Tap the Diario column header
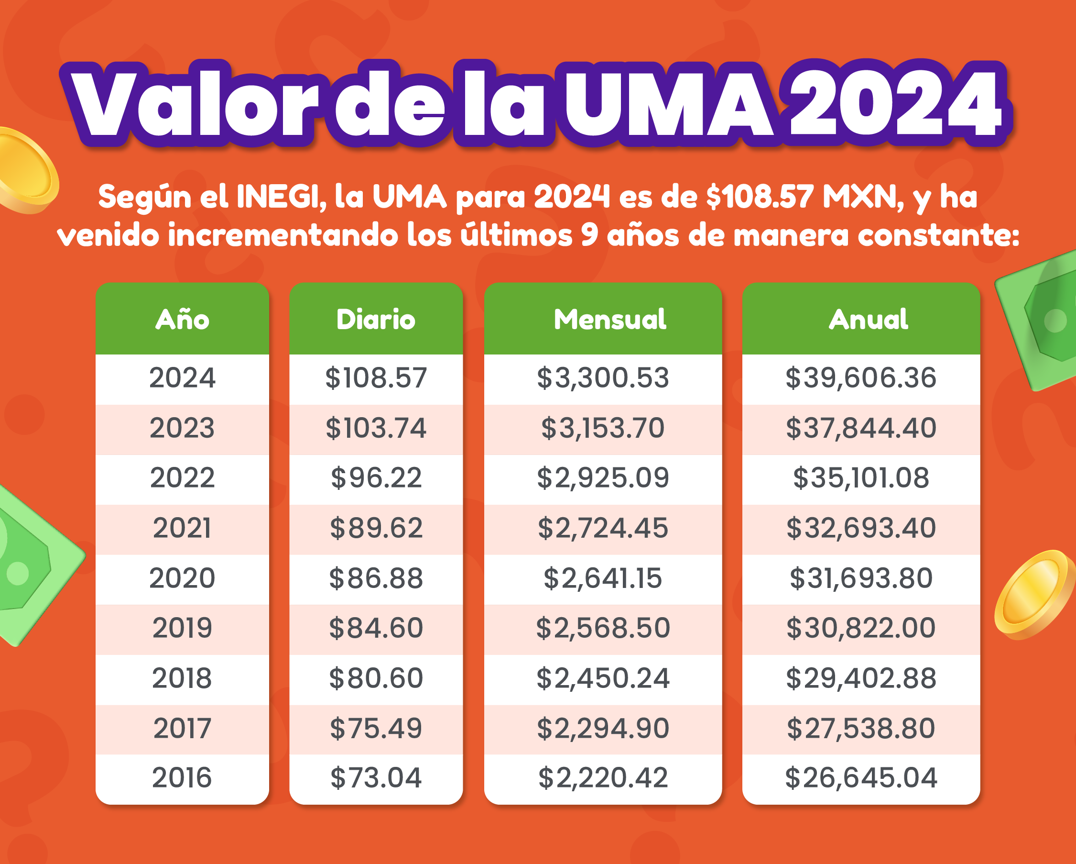(x=376, y=319)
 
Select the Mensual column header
(x=610, y=319)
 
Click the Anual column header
(x=869, y=319)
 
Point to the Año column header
(x=182, y=319)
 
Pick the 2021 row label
(x=182, y=528)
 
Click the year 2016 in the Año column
(x=182, y=777)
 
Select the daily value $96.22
(x=376, y=478)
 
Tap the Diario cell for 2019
(x=376, y=628)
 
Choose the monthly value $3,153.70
(x=603, y=428)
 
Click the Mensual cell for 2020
(x=603, y=578)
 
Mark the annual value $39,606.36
(x=861, y=377)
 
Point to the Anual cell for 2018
(x=861, y=678)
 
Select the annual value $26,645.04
(x=861, y=777)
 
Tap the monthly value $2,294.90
(x=603, y=728)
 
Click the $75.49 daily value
(x=376, y=728)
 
